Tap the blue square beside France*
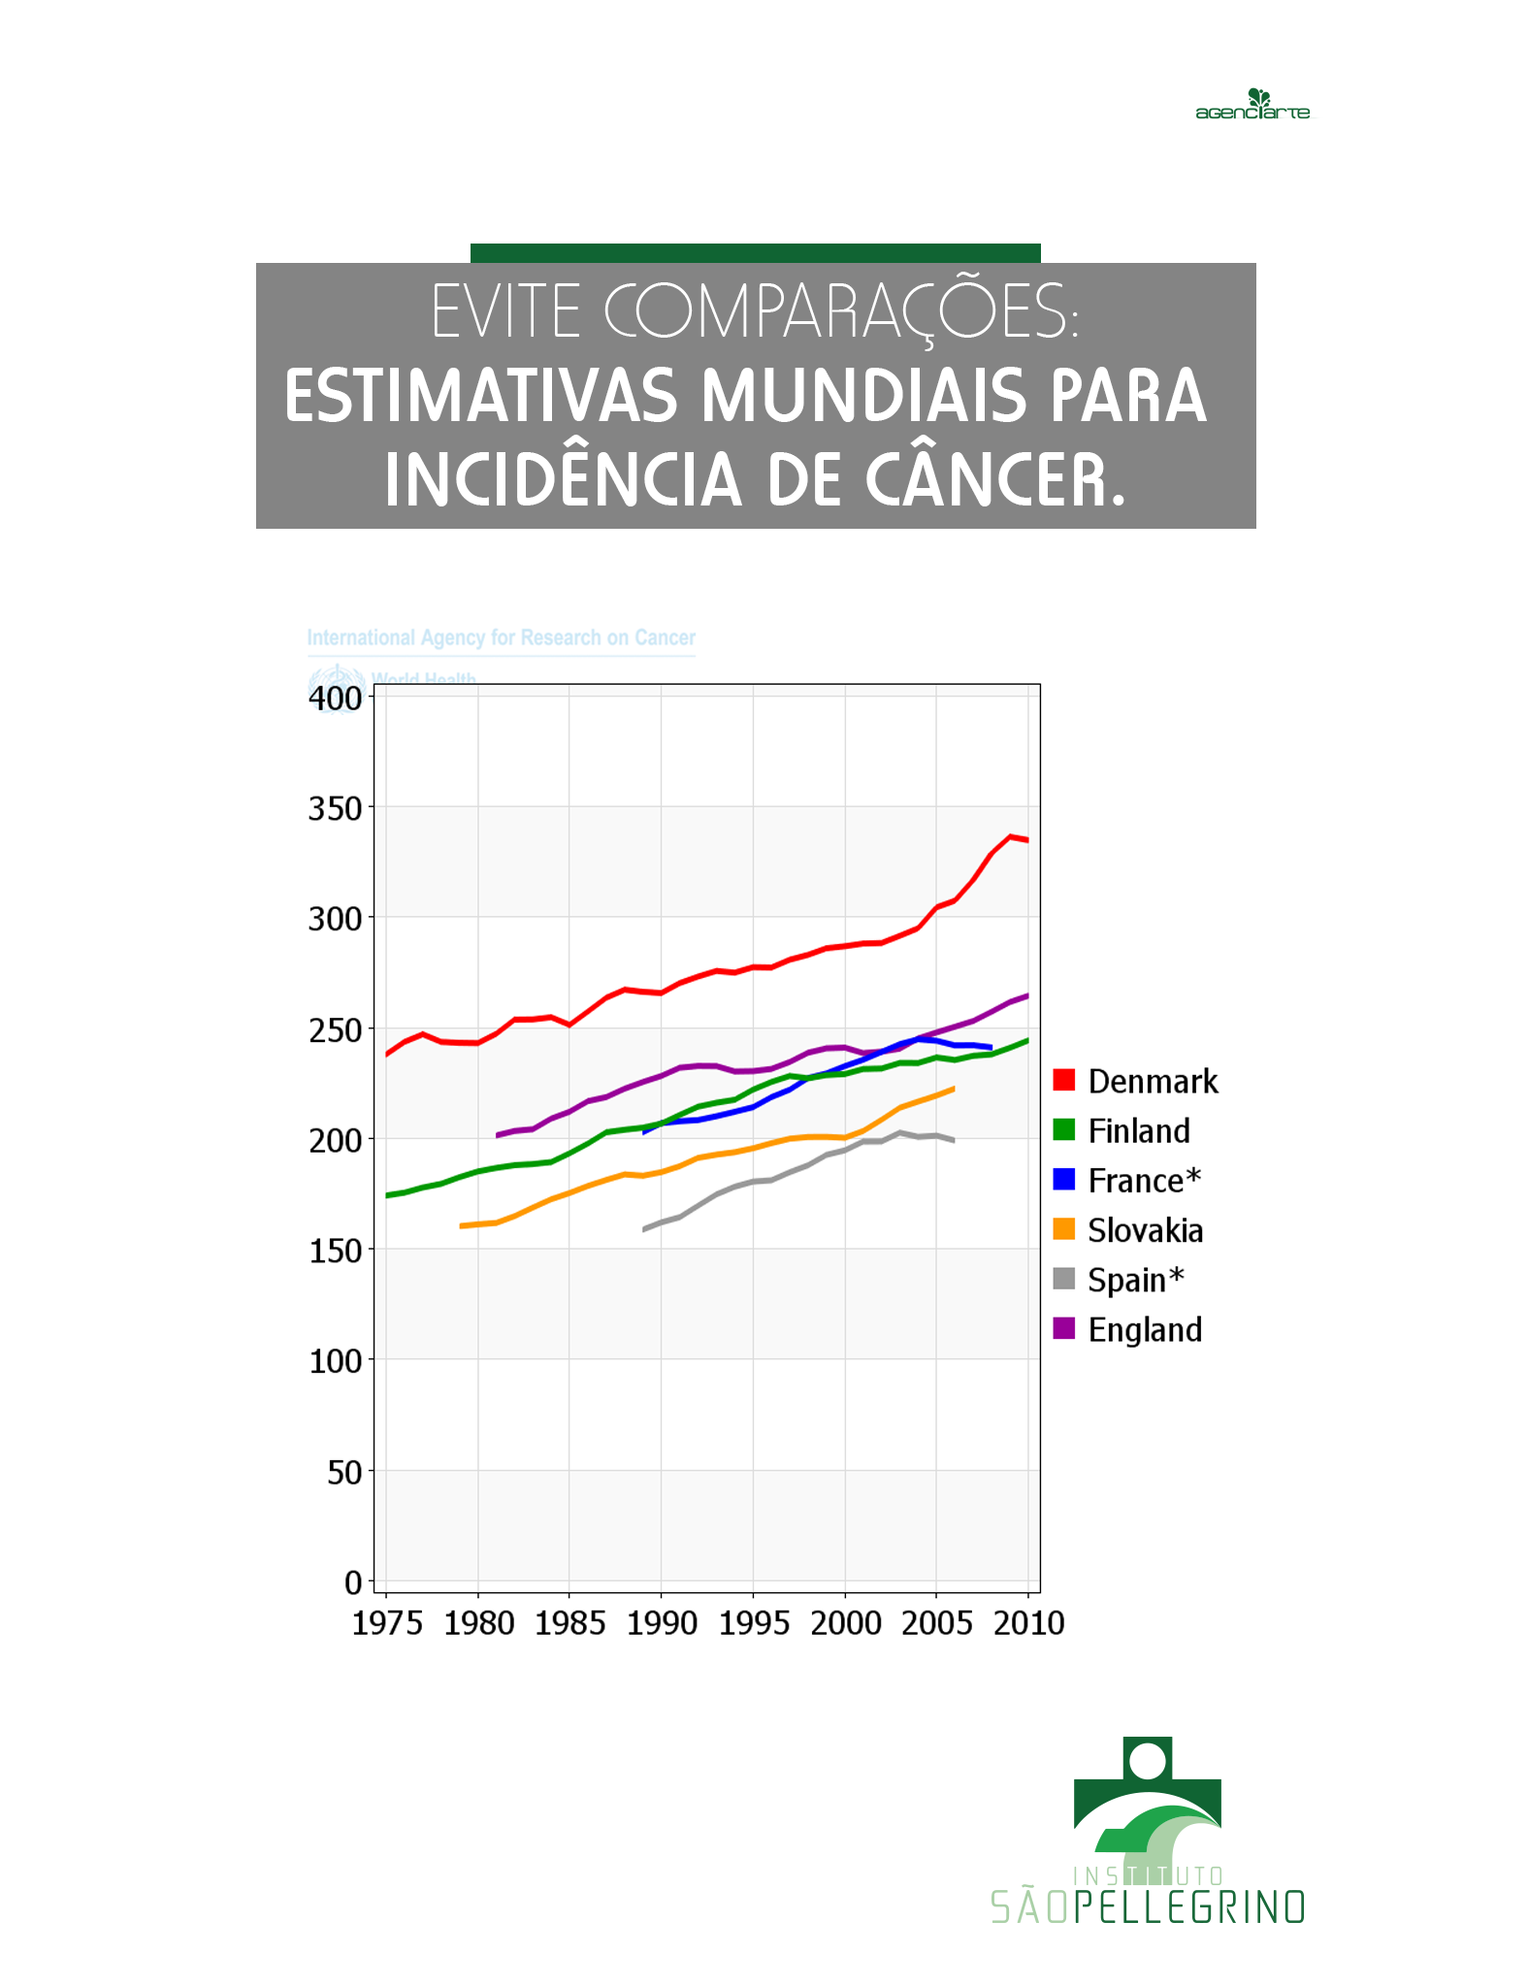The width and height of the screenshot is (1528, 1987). pyautogui.click(x=1064, y=1180)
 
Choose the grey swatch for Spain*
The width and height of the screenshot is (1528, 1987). pyautogui.click(x=1064, y=1279)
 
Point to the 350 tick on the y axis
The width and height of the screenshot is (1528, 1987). pyautogui.click(x=335, y=808)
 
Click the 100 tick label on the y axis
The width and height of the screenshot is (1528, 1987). pyautogui.click(x=335, y=1361)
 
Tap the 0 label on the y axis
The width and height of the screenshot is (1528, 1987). pyautogui.click(x=353, y=1582)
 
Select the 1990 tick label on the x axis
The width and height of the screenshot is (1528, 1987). pyautogui.click(x=662, y=1622)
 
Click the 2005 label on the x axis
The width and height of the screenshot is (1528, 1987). pyautogui.click(x=936, y=1622)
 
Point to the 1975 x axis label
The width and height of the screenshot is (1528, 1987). pyautogui.click(x=387, y=1622)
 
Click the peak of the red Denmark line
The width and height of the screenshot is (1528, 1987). pyautogui.click(x=1010, y=836)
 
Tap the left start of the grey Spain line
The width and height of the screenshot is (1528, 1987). pyautogui.click(x=644, y=1229)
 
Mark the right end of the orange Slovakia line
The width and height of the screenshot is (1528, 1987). pyautogui.click(x=954, y=1089)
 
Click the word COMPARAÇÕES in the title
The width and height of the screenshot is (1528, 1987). pyautogui.click(x=840, y=312)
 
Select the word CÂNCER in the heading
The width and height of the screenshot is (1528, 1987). pyautogui.click(x=994, y=480)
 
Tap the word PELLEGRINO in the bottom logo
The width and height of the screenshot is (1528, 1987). pyautogui.click(x=1189, y=1907)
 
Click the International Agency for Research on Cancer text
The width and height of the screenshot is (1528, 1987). pyautogui.click(x=501, y=637)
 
